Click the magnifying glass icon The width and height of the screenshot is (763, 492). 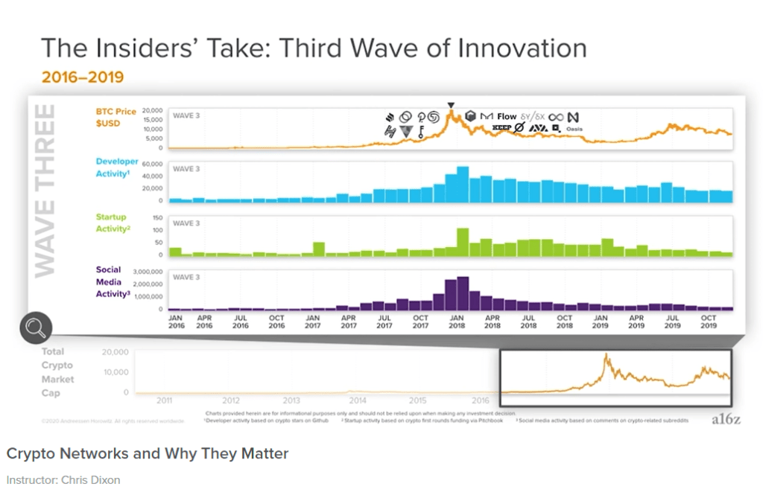pyautogui.click(x=36, y=328)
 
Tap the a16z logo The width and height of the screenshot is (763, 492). pyautogui.click(x=725, y=419)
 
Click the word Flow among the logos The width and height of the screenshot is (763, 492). pyautogui.click(x=507, y=116)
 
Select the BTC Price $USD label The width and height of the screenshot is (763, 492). pyautogui.click(x=116, y=117)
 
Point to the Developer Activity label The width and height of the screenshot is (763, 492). pyautogui.click(x=117, y=167)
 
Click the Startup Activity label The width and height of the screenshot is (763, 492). pyautogui.click(x=113, y=223)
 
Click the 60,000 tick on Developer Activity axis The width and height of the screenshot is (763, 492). pyautogui.click(x=151, y=163)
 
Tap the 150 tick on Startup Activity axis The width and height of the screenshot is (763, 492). pyautogui.click(x=156, y=217)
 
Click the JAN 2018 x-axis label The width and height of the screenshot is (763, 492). pyautogui.click(x=458, y=321)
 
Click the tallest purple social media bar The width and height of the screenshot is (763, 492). pyautogui.click(x=463, y=293)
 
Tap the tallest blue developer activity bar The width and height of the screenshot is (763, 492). pyautogui.click(x=462, y=184)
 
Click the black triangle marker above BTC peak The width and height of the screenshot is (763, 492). pyautogui.click(x=451, y=106)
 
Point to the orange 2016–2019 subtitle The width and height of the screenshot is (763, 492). pyautogui.click(x=82, y=77)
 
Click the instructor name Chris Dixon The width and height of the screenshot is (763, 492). pyautogui.click(x=93, y=479)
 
